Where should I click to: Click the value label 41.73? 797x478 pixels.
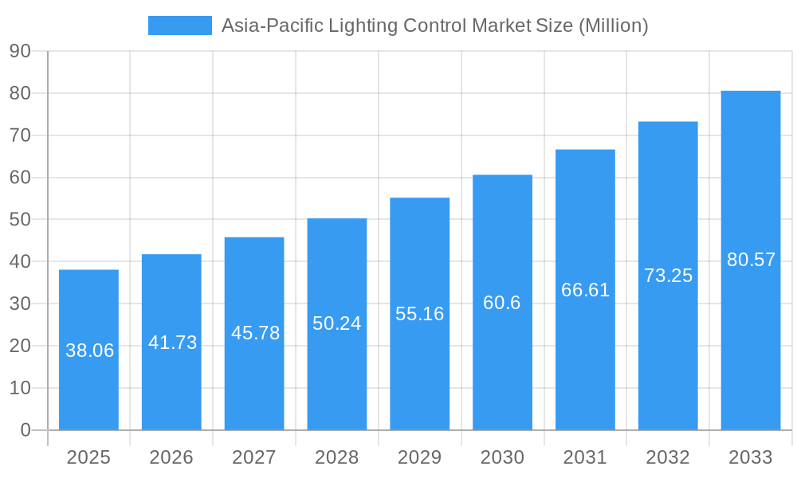click(172, 343)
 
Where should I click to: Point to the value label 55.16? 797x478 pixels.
click(419, 314)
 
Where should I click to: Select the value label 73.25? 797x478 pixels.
click(668, 276)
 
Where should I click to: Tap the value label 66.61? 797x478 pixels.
click(585, 290)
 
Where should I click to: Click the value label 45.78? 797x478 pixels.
click(255, 333)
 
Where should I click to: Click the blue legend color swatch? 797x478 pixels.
click(180, 25)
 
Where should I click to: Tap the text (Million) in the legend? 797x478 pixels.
click(613, 25)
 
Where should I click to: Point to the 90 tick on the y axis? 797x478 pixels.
click(20, 51)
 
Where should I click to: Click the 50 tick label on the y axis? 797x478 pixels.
click(20, 219)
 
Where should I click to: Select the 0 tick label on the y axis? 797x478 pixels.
click(25, 430)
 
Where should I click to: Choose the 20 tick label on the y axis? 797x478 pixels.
click(20, 346)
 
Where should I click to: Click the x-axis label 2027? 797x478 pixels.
click(254, 457)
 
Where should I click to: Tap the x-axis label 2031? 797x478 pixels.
click(585, 457)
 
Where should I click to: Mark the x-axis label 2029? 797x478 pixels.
click(419, 457)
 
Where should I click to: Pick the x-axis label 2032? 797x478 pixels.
click(668, 457)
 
